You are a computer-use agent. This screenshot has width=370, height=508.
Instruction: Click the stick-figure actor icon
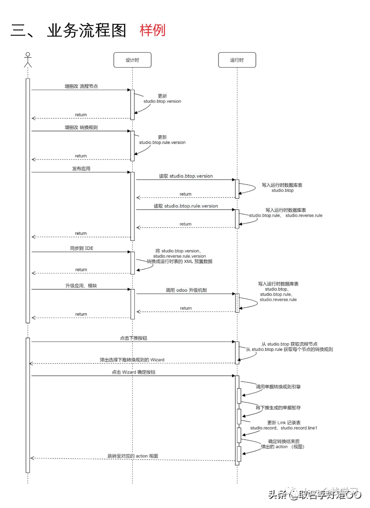pos(28,60)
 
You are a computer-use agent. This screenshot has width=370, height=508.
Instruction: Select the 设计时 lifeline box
pos(132,60)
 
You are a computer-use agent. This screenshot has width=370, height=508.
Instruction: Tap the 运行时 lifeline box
pos(237,60)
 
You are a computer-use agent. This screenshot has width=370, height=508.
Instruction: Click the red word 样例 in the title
pos(152,30)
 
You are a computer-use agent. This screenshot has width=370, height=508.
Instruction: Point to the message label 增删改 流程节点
pos(81,86)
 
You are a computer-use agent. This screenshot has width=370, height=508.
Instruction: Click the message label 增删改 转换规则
pos(81,128)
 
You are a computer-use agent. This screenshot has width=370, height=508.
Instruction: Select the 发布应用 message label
pos(81,169)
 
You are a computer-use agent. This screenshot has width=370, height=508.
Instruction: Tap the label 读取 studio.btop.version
pos(186,176)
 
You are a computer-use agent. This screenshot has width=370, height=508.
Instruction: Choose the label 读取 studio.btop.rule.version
pos(186,206)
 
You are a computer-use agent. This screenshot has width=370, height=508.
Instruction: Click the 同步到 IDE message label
pos(82,248)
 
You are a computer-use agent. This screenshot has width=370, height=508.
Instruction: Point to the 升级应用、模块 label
pos(81,286)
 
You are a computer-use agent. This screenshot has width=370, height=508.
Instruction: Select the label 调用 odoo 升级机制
pos(186,290)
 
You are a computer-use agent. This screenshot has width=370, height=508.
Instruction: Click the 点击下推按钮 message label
pos(133,338)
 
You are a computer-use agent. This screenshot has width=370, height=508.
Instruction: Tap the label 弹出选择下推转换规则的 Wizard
pos(132,360)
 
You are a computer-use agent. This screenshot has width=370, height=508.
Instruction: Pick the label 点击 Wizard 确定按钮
pos(133,372)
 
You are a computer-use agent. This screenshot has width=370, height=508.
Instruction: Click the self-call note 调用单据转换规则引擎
pos(278,387)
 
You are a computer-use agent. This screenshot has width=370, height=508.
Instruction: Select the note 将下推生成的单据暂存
pos(278,408)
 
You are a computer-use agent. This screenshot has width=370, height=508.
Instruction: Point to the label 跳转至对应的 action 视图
pos(133,456)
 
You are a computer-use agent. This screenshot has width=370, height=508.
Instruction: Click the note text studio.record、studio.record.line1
pos(284,428)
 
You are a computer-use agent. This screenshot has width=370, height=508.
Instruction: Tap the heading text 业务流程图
pos(87,31)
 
